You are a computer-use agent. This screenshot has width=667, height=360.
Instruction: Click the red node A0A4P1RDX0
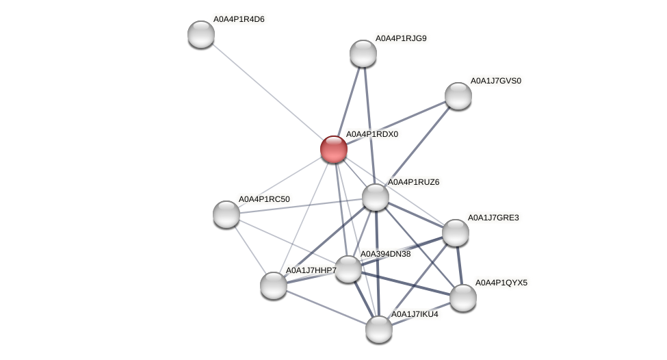334,149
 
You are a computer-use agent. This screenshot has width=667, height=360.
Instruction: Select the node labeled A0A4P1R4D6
201,34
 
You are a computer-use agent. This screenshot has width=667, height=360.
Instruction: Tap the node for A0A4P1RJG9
363,53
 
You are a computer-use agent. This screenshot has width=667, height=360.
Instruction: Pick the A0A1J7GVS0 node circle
458,96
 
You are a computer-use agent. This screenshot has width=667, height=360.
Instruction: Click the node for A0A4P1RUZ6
376,197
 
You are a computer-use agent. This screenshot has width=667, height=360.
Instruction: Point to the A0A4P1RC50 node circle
226,214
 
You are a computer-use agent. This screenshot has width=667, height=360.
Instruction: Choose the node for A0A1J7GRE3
456,233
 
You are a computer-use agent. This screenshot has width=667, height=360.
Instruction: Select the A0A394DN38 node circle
348,269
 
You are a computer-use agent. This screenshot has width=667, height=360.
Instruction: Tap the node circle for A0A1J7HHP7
274,285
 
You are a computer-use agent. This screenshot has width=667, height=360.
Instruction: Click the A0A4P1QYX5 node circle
463,298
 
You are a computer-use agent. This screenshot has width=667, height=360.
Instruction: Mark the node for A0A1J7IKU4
379,329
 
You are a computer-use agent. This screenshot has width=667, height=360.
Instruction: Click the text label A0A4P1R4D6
239,19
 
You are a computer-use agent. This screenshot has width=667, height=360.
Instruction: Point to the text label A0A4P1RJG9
401,38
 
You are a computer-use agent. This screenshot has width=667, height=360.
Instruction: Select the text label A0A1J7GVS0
495,81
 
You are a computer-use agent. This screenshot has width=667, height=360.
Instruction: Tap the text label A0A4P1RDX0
371,134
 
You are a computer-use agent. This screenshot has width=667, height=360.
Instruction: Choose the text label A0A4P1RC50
264,199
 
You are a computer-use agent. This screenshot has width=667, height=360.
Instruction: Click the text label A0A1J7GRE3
493,218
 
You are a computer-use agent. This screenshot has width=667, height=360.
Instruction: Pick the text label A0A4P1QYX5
501,282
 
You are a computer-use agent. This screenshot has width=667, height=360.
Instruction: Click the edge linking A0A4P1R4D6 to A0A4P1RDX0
267,92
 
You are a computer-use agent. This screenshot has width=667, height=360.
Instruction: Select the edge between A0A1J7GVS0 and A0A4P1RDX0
396,123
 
